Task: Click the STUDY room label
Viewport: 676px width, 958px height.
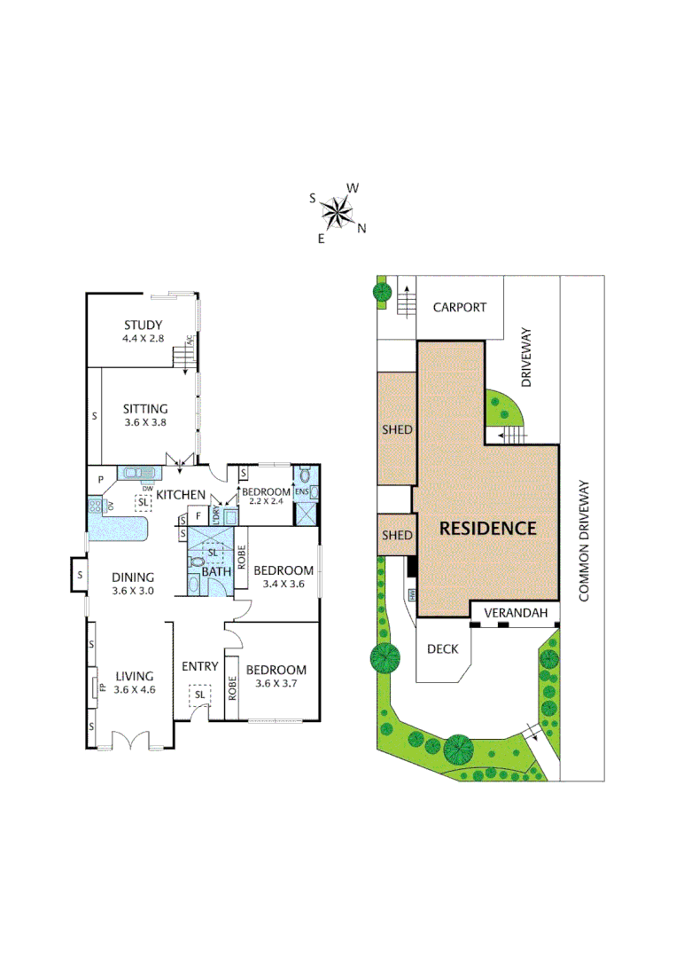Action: [143, 325]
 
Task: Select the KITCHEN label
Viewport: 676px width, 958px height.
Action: [181, 494]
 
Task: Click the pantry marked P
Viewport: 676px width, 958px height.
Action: [101, 480]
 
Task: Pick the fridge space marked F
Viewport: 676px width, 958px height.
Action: [198, 514]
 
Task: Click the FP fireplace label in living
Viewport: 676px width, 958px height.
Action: [102, 687]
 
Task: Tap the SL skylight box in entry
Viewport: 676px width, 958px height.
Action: [199, 695]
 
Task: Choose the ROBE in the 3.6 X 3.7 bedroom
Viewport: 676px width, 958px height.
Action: [232, 689]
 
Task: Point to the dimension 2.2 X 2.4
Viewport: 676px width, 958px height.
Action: [267, 503]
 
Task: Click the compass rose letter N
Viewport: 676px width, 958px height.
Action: [361, 228]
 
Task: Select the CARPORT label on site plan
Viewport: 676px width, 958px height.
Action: [459, 307]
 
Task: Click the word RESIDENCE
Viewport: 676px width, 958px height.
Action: [488, 529]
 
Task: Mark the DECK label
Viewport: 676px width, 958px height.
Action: [443, 649]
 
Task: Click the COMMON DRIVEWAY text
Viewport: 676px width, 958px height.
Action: [584, 541]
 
